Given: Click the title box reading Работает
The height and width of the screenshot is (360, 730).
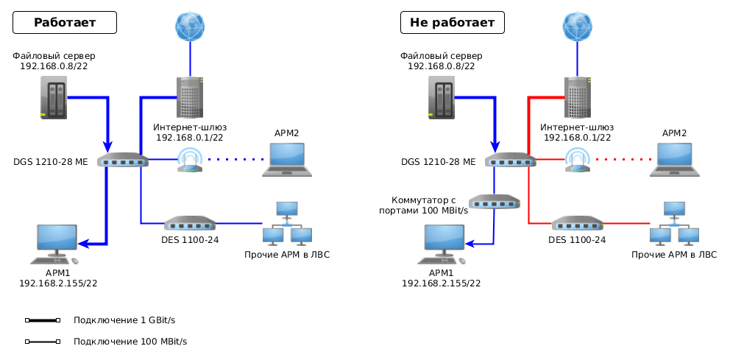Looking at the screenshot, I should coord(65,23).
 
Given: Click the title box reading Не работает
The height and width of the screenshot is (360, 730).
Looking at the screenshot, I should coord(452,23).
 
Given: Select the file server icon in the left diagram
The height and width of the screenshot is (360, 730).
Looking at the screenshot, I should coord(54,98).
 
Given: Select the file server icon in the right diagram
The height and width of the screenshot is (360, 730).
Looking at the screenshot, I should coord(442,98).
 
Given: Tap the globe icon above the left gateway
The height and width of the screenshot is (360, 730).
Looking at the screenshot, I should coord(190,27).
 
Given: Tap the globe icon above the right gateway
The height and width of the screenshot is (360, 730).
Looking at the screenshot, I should coord(578,27).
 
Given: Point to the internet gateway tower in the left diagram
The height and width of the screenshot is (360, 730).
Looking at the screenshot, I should coord(190,97).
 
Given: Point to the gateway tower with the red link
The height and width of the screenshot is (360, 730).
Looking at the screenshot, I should coord(578,97).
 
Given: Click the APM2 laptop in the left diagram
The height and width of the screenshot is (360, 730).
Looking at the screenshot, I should coord(287,159).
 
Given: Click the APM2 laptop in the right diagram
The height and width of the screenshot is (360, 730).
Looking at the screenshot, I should coord(675,159).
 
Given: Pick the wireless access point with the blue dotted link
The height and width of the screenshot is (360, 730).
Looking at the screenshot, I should coord(190,160).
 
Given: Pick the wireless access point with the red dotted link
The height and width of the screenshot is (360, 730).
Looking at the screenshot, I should coord(578,160).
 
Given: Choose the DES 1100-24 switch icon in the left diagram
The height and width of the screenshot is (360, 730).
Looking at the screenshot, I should coord(190,223).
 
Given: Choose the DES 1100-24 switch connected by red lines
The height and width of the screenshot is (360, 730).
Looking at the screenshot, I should coord(578,223).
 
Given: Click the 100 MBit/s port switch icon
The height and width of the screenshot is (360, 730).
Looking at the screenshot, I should coord(495,202).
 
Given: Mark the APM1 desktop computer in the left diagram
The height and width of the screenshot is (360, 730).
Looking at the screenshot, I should coord(56,244).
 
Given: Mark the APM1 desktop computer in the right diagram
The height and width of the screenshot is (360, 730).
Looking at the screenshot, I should coord(444,244).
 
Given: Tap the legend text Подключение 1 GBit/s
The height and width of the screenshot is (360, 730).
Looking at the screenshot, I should coord(124,320).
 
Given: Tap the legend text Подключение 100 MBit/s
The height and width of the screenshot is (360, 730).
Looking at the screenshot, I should coord(130,342).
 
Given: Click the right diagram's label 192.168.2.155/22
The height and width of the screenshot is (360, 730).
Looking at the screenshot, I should coord(441,283).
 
